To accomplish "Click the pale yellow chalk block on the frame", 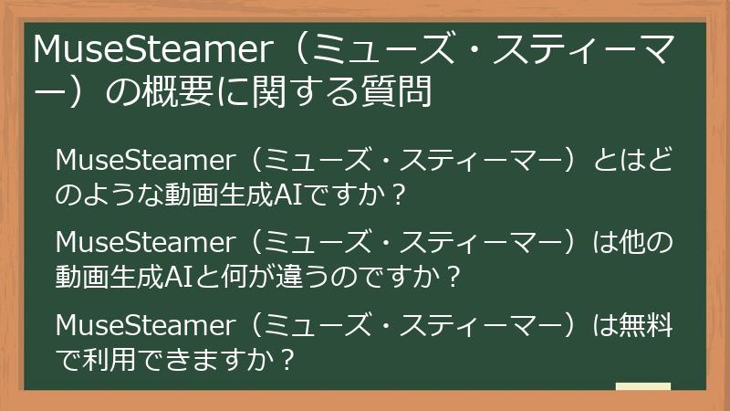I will pos(642,386).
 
